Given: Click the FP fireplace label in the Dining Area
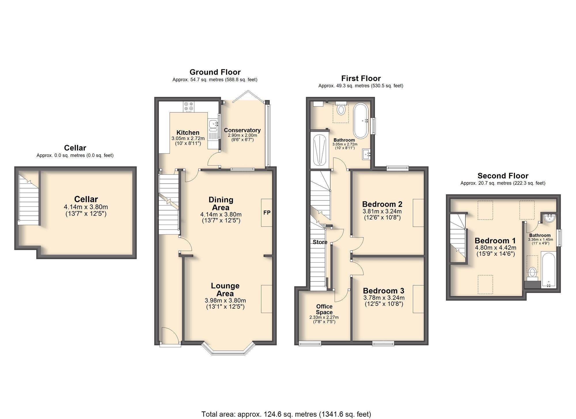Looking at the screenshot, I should [x=267, y=213].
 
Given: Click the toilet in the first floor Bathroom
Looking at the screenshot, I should [x=341, y=109].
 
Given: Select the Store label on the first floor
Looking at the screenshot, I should [x=320, y=242].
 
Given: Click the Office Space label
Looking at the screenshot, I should [x=324, y=309].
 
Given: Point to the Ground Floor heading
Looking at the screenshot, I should [x=215, y=72].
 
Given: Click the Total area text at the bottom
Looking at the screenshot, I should [x=286, y=414].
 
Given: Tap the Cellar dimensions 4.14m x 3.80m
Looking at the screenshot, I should [x=86, y=207].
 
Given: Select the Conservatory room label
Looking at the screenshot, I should [x=242, y=130].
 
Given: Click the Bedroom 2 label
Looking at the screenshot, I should [x=382, y=204].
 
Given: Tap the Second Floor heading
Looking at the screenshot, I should [x=503, y=176].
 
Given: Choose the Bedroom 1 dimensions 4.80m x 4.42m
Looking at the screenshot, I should [x=495, y=248].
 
